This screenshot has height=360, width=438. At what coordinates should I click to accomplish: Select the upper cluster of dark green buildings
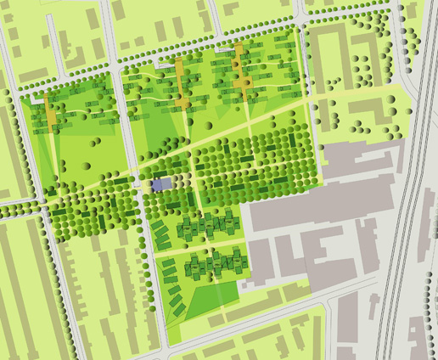[x=208, y=227]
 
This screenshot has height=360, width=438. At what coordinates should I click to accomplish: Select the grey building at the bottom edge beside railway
[x=348, y=327]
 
